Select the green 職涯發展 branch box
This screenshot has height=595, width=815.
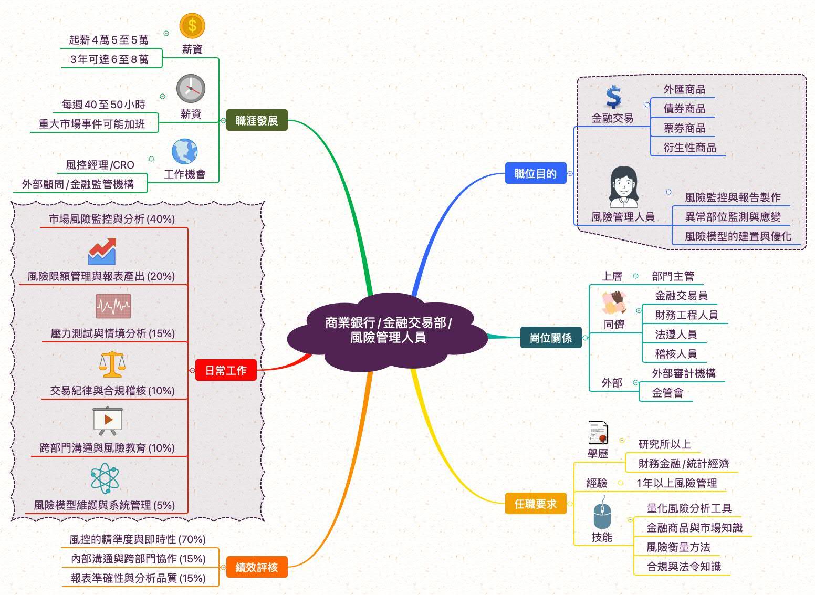tap(257, 120)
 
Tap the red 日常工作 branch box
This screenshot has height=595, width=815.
tap(226, 370)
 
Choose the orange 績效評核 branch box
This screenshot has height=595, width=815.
tap(257, 567)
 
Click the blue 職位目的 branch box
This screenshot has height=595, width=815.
tap(536, 173)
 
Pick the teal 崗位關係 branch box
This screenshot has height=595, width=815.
tap(551, 338)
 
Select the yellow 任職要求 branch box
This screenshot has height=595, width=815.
tap(536, 504)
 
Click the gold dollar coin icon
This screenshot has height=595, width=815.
tap(192, 26)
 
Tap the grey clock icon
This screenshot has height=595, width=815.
tap(191, 88)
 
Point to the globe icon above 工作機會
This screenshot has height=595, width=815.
tap(185, 152)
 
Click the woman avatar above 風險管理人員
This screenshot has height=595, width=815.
tap(623, 187)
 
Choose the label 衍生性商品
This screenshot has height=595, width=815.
tap(689, 148)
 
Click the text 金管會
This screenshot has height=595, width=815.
tap(667, 393)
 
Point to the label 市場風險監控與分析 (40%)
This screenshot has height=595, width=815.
tap(112, 219)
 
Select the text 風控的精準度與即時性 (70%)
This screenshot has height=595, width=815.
tap(138, 539)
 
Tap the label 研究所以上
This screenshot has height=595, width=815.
tap(664, 444)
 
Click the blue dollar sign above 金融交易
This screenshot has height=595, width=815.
tap(613, 97)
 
